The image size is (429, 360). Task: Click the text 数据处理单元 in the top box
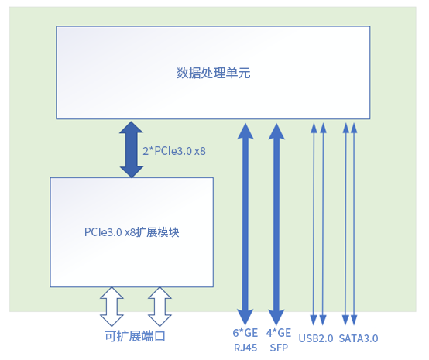213,74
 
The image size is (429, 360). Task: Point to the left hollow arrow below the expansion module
111,306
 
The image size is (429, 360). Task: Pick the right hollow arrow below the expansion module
160,306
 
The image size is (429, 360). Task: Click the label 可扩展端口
135,337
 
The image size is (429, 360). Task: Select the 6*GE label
245,334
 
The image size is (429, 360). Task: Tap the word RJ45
245,348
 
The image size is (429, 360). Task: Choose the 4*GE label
279,334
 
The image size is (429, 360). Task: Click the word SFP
279,348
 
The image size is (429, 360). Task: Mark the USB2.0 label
316,339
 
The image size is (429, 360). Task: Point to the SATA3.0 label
359,339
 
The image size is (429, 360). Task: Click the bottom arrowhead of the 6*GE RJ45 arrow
245,317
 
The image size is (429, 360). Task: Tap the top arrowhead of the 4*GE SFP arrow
276,129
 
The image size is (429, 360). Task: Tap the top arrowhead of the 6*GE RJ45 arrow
245,129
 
